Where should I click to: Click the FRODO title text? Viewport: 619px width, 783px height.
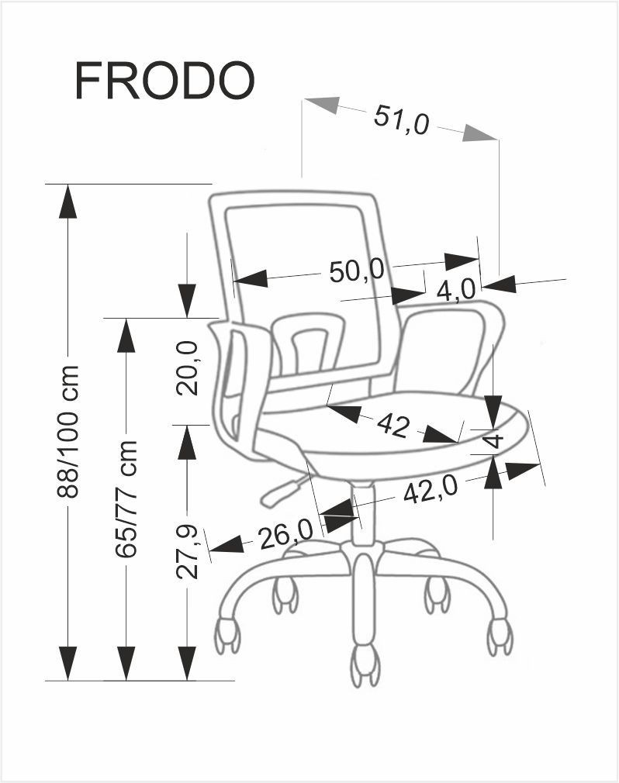tap(165, 81)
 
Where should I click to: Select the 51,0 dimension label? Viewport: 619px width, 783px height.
tap(401, 120)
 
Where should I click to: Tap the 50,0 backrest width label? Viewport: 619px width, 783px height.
tap(357, 271)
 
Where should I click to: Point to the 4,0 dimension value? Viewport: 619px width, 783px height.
tap(455, 290)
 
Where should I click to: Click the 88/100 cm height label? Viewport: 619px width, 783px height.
tap(68, 432)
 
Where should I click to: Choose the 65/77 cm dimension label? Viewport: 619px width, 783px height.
tap(126, 499)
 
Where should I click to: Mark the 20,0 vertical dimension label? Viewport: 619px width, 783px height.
tap(188, 369)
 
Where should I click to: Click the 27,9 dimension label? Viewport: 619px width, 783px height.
tap(188, 552)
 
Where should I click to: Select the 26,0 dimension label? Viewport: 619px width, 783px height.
tap(285, 534)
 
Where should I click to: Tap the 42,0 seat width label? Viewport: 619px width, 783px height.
tap(431, 490)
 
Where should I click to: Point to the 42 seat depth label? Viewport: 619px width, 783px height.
tap(392, 426)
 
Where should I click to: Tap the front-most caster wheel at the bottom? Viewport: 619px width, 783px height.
tap(365, 667)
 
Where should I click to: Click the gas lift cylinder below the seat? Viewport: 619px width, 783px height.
tap(361, 513)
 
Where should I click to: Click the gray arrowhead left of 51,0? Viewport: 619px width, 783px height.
tap(322, 105)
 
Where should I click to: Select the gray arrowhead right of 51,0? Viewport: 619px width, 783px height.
tap(479, 133)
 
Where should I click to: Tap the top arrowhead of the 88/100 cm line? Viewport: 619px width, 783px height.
tap(68, 202)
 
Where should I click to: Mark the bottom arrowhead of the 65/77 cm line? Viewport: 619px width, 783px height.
tap(126, 663)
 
